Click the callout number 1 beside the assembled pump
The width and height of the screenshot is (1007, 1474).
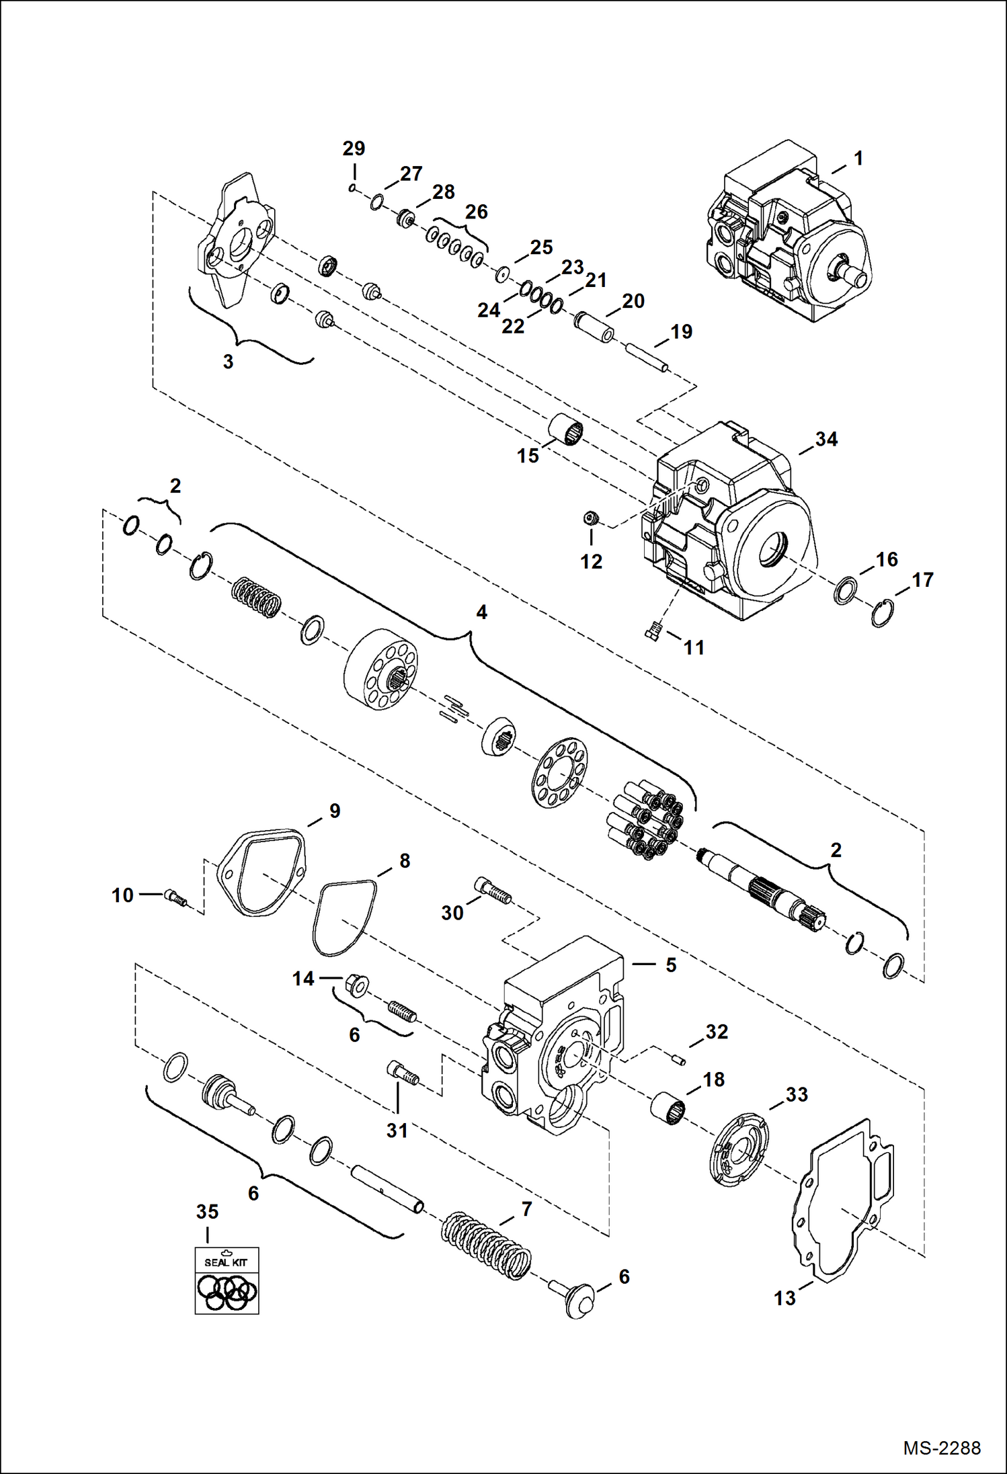858,159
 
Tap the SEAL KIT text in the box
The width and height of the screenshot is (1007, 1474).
226,1262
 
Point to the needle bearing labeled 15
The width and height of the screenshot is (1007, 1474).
565,430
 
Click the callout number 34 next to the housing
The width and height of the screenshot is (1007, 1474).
826,440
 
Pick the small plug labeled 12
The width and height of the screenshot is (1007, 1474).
591,518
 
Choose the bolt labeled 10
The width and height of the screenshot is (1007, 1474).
175,897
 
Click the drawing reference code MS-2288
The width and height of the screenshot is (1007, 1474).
941,1448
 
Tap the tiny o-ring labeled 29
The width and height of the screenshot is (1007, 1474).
352,188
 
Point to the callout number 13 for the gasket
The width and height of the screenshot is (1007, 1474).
784,1298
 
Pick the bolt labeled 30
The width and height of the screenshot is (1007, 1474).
493,891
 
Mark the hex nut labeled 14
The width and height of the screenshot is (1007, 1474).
356,985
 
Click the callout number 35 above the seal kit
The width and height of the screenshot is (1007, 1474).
207,1212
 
